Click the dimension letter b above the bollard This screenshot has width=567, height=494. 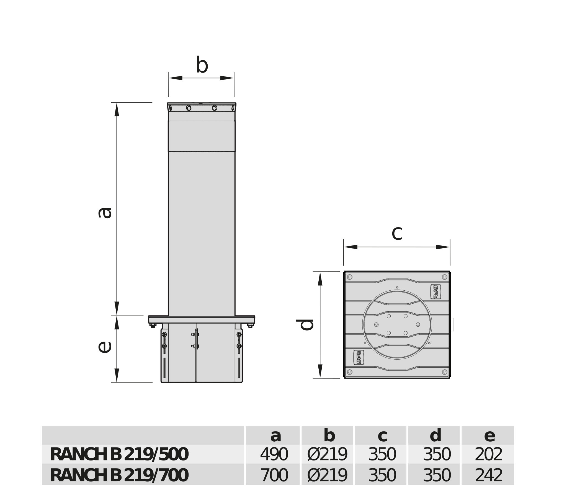pyautogui.click(x=202, y=65)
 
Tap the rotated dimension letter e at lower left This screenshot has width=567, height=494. pyautogui.click(x=105, y=347)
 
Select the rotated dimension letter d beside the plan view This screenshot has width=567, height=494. pyautogui.click(x=305, y=325)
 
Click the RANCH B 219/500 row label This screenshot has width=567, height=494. pyautogui.click(x=119, y=455)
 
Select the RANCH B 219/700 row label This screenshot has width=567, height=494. pyautogui.click(x=119, y=475)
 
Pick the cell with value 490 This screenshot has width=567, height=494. pyautogui.click(x=274, y=455)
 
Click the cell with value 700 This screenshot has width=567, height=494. pyautogui.click(x=274, y=475)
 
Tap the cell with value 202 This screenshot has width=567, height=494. pyautogui.click(x=488, y=455)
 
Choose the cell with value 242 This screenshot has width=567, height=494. pyautogui.click(x=488, y=475)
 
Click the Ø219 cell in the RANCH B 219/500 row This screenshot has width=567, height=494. pyautogui.click(x=327, y=455)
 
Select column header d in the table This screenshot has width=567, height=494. pyautogui.click(x=435, y=436)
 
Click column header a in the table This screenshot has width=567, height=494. pyautogui.click(x=275, y=436)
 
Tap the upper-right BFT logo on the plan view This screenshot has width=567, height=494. pyautogui.click(x=435, y=292)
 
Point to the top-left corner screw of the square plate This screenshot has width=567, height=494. pyautogui.click(x=350, y=277)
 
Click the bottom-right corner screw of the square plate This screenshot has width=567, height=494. pyautogui.click(x=445, y=372)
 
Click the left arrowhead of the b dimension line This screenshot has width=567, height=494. pyautogui.click(x=176, y=78)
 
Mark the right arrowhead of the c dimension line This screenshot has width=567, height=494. pyautogui.click(x=443, y=247)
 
